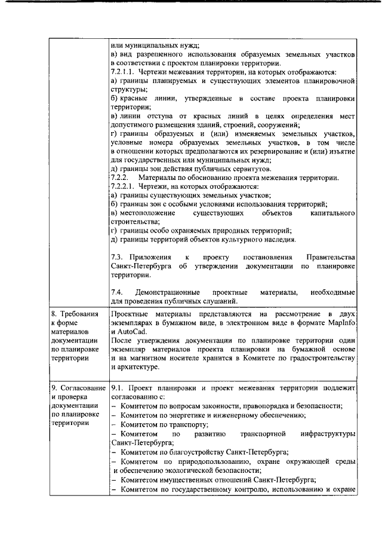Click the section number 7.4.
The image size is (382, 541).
point(118,292)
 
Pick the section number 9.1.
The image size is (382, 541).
point(118,387)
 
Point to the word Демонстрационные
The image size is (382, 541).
point(170,292)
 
